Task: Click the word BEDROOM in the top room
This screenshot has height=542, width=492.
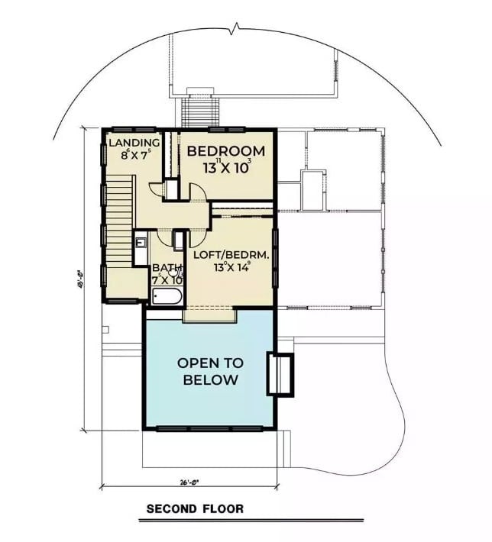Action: pos(225,151)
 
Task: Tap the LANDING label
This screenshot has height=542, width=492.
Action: pos(134,143)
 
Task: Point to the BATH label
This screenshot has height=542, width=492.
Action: pos(165,268)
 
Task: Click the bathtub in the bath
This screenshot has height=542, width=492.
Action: pos(166,296)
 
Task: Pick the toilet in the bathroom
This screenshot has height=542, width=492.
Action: pos(174,270)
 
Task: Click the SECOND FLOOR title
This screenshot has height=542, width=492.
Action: pos(195,508)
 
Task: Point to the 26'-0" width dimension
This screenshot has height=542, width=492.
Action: pos(188,482)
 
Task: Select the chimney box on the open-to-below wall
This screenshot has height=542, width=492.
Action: pos(279,374)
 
